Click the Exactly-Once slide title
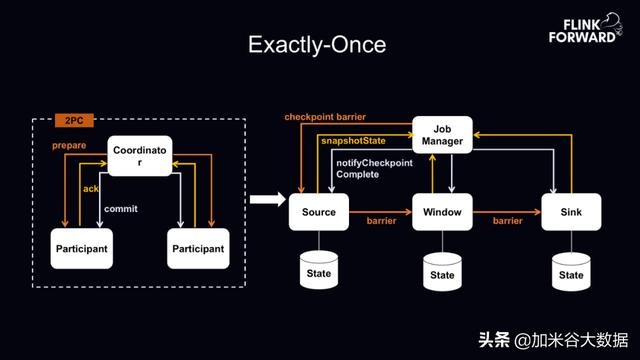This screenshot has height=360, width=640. (318, 46)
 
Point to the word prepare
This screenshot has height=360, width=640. (70, 146)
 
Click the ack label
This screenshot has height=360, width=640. (89, 187)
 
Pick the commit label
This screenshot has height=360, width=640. (120, 209)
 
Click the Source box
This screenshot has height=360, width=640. (319, 212)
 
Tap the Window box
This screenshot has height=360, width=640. (442, 212)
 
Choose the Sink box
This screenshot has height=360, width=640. (570, 212)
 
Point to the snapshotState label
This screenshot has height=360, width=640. (353, 141)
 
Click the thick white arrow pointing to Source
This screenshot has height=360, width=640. (263, 203)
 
